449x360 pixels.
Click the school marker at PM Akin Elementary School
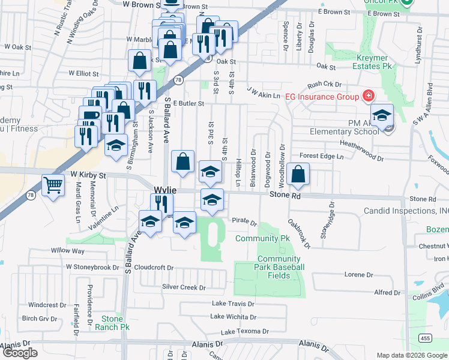click(382, 115)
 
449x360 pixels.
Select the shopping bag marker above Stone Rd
click(298, 175)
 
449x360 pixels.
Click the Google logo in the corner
click(20, 353)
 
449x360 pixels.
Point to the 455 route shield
click(424, 338)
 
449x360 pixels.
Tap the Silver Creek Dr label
click(184, 287)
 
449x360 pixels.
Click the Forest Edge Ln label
click(322, 156)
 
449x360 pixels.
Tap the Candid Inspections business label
click(406, 211)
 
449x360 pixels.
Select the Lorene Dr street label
click(358, 274)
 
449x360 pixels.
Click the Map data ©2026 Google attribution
click(412, 355)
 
